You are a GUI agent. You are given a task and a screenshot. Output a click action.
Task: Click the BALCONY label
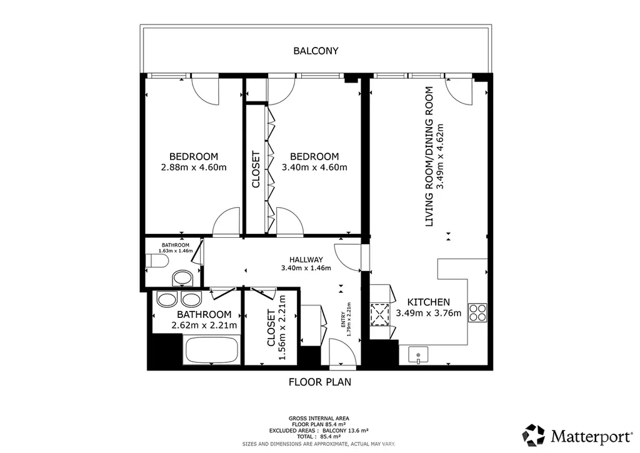(x=316, y=51)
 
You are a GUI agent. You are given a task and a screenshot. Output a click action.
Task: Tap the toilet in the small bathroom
(x=157, y=261)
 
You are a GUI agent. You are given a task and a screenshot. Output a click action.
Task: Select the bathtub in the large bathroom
(x=211, y=350)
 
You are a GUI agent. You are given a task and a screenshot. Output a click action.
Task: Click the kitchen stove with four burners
(x=477, y=313)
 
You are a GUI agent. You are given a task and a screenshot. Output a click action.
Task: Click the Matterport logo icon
(x=534, y=435)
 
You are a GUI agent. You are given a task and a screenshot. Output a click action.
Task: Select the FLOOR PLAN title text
(x=320, y=382)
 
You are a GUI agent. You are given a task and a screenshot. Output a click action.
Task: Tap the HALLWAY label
(x=306, y=260)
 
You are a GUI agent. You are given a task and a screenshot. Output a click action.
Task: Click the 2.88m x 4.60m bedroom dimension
(x=194, y=167)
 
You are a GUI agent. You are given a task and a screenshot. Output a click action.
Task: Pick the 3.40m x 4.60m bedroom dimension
(x=315, y=167)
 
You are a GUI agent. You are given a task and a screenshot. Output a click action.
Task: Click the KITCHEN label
(x=429, y=302)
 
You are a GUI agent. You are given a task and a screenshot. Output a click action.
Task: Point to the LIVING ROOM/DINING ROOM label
(x=429, y=156)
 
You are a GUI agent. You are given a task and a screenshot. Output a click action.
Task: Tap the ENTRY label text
(x=343, y=320)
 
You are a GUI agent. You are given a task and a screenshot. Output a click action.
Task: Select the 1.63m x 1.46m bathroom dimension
(x=176, y=251)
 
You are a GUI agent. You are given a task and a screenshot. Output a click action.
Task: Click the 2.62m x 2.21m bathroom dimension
(x=204, y=325)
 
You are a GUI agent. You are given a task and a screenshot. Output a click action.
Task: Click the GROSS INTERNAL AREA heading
(x=319, y=419)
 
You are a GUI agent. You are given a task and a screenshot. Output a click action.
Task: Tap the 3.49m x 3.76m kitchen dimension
(x=429, y=313)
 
